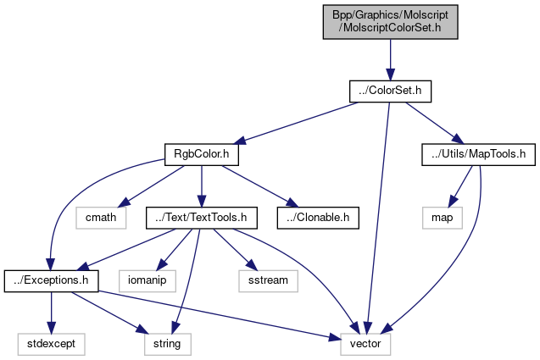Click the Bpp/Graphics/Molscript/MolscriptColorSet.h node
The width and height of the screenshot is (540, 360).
click(x=390, y=20)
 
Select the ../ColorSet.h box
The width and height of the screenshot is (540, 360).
click(x=390, y=88)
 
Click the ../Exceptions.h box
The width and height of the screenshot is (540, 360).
click(x=51, y=280)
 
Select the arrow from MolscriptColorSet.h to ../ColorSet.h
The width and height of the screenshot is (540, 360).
click(x=390, y=55)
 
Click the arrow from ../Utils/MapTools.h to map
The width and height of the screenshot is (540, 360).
click(x=459, y=185)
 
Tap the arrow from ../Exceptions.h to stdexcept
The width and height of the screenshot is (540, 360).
click(x=51, y=311)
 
